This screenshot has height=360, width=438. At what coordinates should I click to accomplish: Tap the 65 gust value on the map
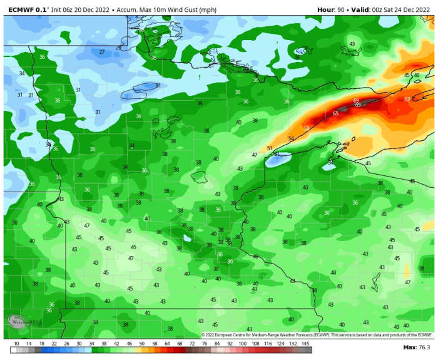tap(335, 113)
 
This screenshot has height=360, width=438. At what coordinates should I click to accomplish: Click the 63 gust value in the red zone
tap(407, 99)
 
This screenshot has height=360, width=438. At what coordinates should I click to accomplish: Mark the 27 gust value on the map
tap(101, 52)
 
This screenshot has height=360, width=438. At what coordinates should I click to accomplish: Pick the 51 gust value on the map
tap(270, 148)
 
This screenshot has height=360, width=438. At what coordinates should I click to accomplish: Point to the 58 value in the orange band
tap(307, 128)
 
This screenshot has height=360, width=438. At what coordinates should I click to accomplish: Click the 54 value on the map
tap(290, 138)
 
